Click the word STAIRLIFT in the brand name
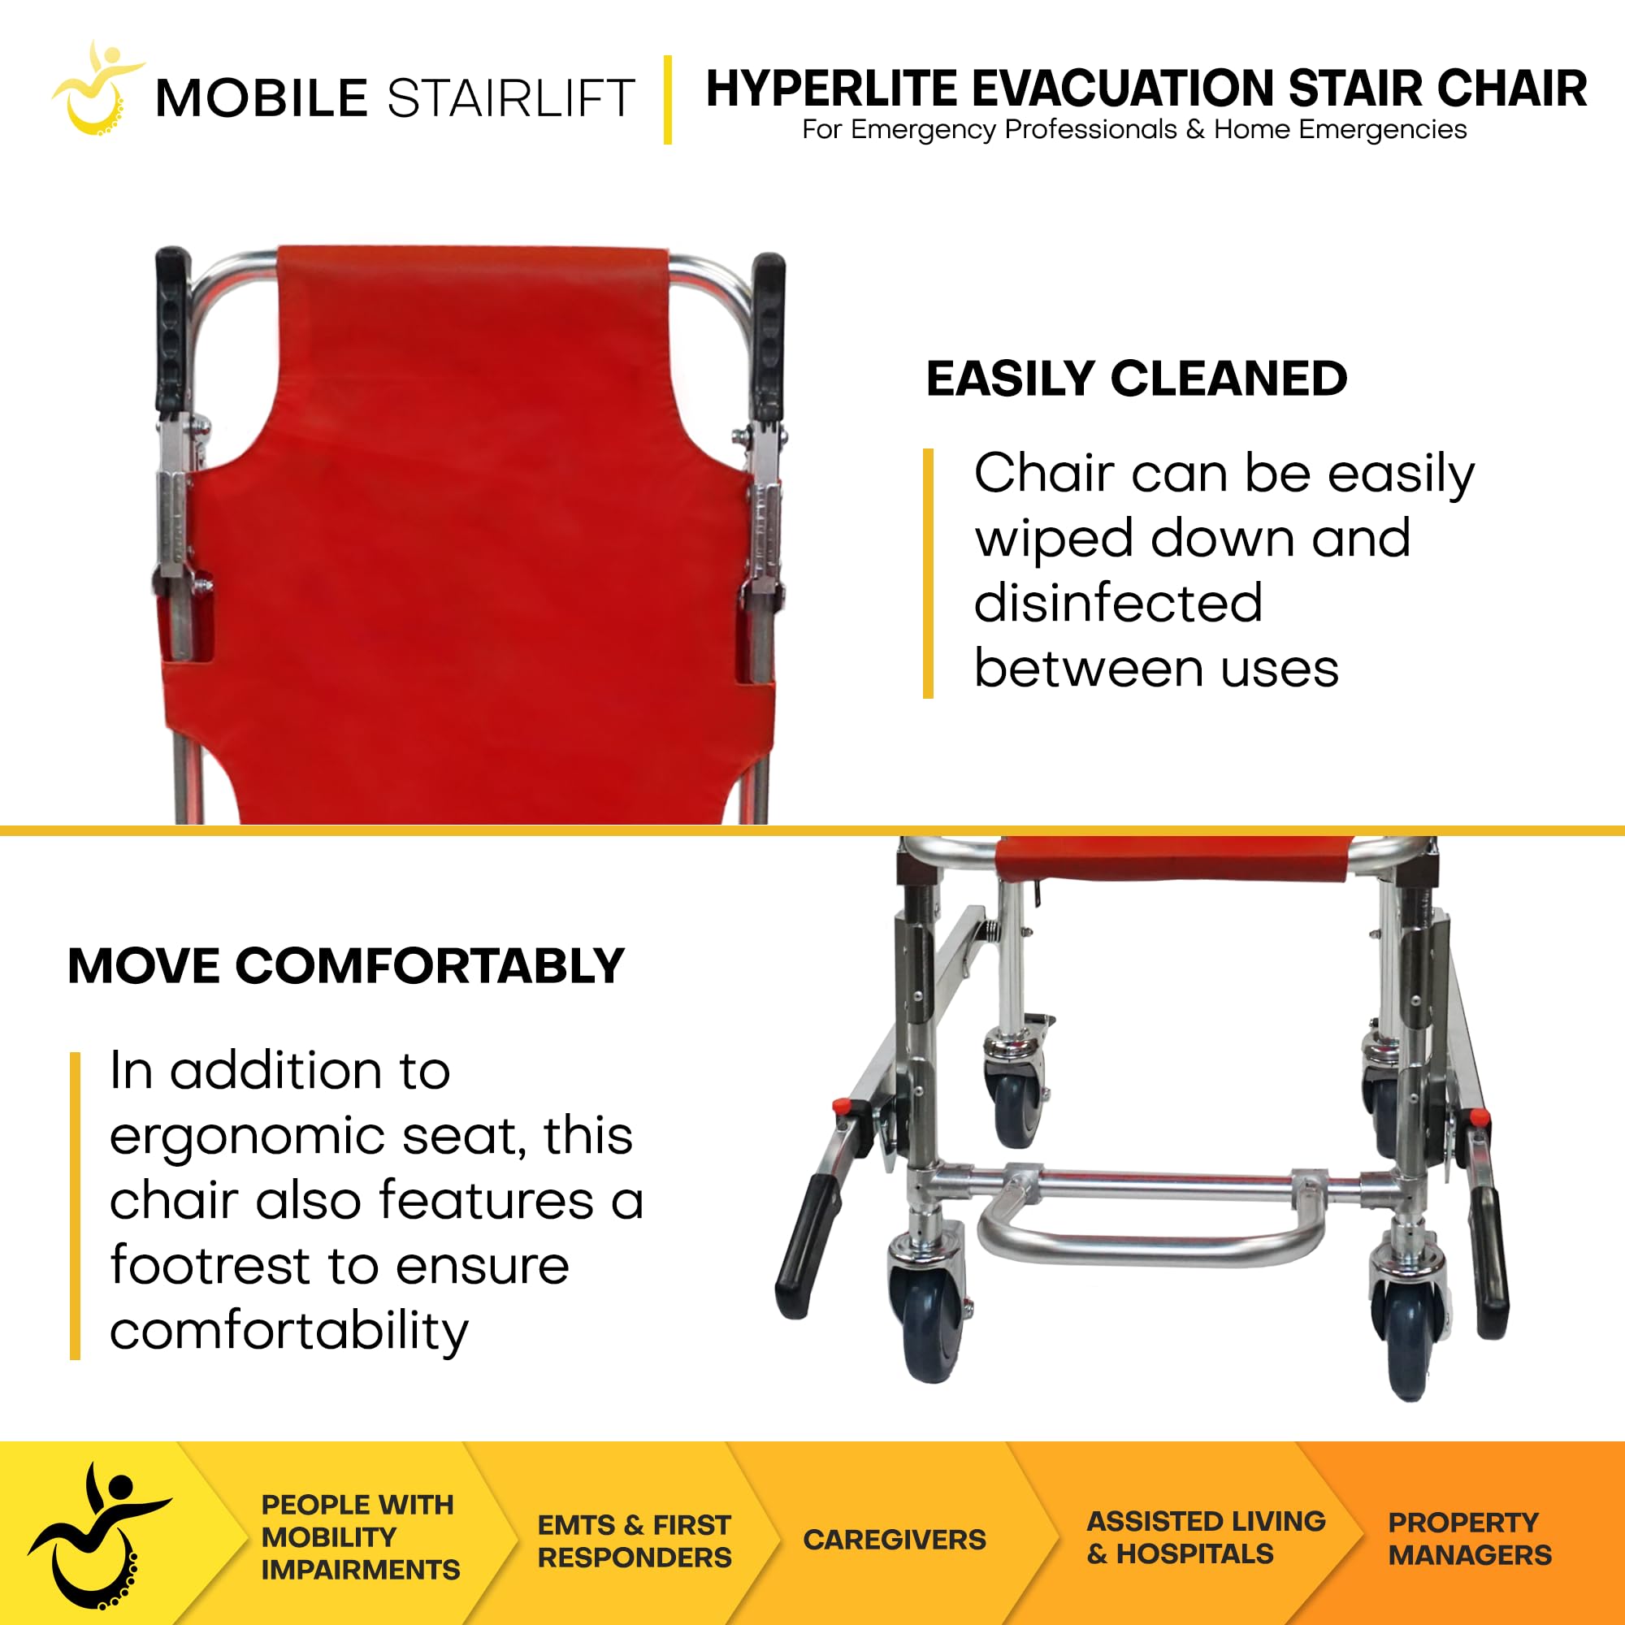pyautogui.click(x=509, y=98)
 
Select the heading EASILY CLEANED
pyautogui.click(x=1136, y=379)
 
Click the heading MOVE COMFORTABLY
pyautogui.click(x=345, y=965)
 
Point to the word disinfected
pyautogui.click(x=1118, y=603)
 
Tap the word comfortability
pyautogui.click(x=288, y=1331)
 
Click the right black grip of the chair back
pyautogui.click(x=768, y=336)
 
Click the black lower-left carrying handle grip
pyautogui.click(x=807, y=1245)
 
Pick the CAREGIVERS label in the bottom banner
pyautogui.click(x=894, y=1540)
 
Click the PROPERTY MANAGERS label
pyautogui.click(x=1469, y=1538)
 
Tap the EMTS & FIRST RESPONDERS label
pyautogui.click(x=635, y=1540)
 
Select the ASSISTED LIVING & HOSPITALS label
pyautogui.click(x=1205, y=1537)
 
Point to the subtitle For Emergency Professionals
pyautogui.click(x=988, y=130)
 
